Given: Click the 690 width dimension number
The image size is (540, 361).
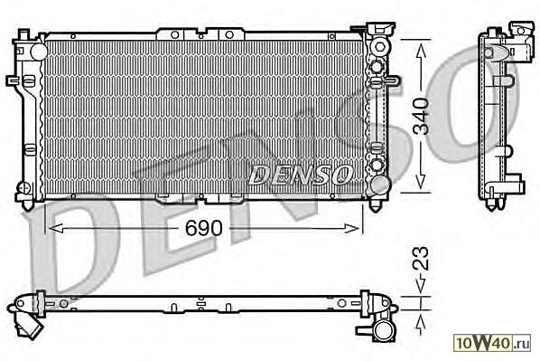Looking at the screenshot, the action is click(204, 228).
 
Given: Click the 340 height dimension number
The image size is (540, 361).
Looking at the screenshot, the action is click(422, 116).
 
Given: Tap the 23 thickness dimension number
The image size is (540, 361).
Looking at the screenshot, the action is click(422, 258).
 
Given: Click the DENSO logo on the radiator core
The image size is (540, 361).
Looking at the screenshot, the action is click(301, 174).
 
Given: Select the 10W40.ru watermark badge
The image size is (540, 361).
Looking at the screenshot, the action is click(492, 343).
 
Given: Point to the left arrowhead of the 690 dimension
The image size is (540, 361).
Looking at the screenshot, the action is click(56, 228).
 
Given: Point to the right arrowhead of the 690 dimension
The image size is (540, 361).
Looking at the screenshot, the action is click(351, 228).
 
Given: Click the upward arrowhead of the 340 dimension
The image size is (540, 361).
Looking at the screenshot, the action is click(421, 51).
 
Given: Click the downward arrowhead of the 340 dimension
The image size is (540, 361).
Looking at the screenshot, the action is click(421, 182).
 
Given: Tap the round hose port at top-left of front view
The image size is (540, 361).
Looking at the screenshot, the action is click(39, 52).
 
